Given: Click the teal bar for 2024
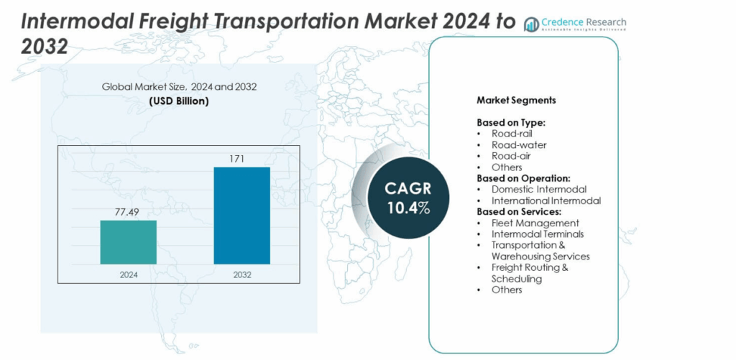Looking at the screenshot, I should click(128, 242).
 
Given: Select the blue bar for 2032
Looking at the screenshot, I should click(241, 216).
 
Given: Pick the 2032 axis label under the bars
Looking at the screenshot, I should click(241, 274).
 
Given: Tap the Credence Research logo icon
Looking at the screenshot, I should click(532, 24).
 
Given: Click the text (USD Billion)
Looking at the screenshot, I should click(179, 101).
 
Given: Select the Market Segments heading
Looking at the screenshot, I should click(515, 101).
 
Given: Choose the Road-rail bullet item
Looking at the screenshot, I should click(512, 134).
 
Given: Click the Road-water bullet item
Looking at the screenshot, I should click(518, 144).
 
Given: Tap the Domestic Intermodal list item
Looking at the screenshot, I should click(539, 189).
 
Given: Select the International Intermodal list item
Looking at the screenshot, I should click(546, 200).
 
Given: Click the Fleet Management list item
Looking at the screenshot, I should click(535, 223).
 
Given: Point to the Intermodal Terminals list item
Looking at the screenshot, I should click(538, 234).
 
